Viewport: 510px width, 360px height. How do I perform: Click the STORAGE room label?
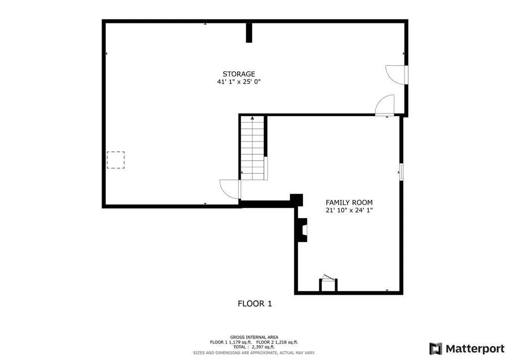point(239,74)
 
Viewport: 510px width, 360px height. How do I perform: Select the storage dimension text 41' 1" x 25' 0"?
point(239,82)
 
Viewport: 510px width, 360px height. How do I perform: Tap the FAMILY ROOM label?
point(349,203)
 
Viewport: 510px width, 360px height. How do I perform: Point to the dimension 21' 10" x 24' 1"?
point(349,211)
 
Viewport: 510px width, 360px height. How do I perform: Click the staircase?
point(253,148)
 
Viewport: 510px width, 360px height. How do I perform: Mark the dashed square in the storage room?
point(116,160)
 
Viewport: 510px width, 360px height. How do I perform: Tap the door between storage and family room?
point(385,106)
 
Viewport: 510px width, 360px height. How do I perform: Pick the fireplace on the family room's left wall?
point(303,231)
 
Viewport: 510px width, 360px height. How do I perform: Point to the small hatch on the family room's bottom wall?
point(328,284)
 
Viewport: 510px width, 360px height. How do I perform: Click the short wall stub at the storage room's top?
point(250,32)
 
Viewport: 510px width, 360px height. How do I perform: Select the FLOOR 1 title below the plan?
point(254,303)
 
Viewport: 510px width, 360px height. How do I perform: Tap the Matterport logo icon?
point(435,348)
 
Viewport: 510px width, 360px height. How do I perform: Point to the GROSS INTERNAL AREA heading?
point(254,337)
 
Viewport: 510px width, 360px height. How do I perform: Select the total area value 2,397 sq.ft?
point(263,347)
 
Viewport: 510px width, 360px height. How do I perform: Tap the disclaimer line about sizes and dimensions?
point(254,353)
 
